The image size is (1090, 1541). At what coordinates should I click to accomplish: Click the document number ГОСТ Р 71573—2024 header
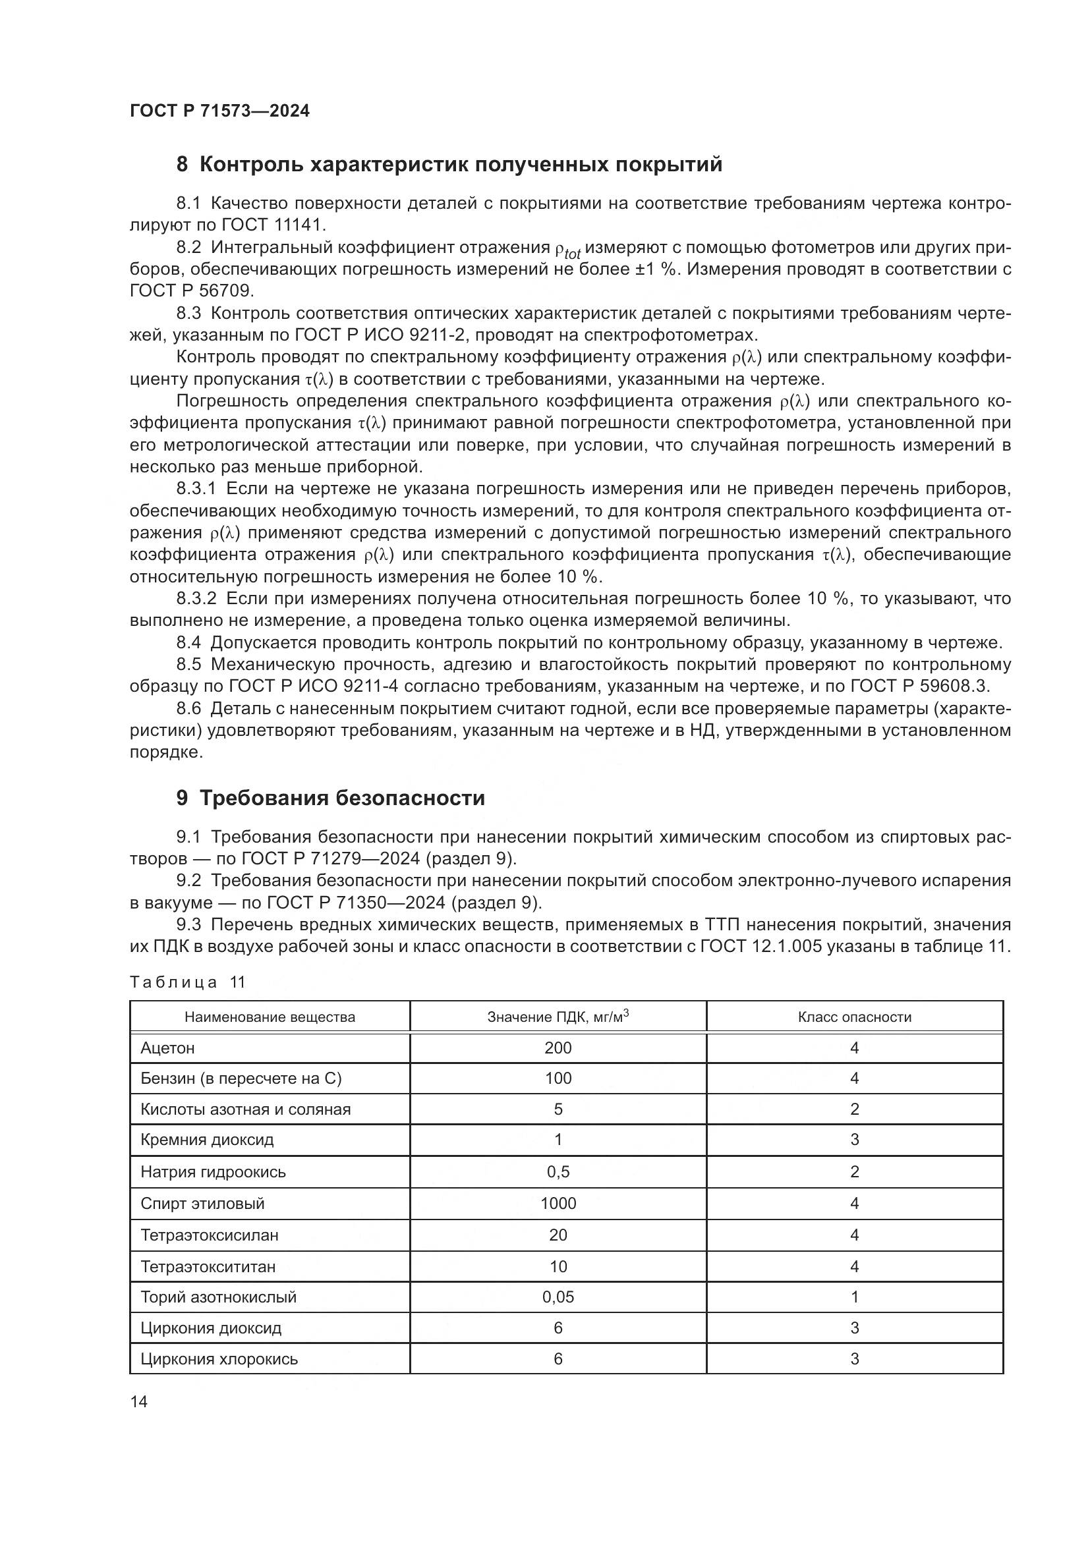click(x=219, y=111)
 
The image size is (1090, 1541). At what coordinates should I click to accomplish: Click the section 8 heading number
click(x=182, y=165)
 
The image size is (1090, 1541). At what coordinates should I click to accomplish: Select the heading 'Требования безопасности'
click(x=341, y=798)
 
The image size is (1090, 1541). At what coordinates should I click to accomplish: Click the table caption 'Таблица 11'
click(x=187, y=982)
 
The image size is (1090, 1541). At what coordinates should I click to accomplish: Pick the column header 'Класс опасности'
click(x=855, y=1017)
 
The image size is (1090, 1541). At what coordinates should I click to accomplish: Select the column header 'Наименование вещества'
click(x=270, y=1017)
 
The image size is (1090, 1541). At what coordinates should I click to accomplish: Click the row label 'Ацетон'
click(x=168, y=1048)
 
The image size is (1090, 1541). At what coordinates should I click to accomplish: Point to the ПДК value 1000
click(x=558, y=1204)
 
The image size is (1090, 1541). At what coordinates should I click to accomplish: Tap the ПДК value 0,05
click(x=558, y=1297)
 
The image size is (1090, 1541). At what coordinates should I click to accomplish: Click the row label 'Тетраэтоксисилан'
click(x=210, y=1235)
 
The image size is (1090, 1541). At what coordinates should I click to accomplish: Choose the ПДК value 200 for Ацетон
click(x=558, y=1048)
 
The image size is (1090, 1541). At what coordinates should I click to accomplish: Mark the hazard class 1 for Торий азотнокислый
click(x=855, y=1297)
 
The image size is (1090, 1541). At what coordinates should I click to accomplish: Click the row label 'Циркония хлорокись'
click(x=219, y=1359)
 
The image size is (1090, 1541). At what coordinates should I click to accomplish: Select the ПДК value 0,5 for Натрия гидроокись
click(x=558, y=1172)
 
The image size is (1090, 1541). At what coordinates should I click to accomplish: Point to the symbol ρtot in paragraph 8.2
click(x=568, y=250)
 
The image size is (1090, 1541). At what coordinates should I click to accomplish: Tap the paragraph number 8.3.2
click(x=196, y=599)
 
